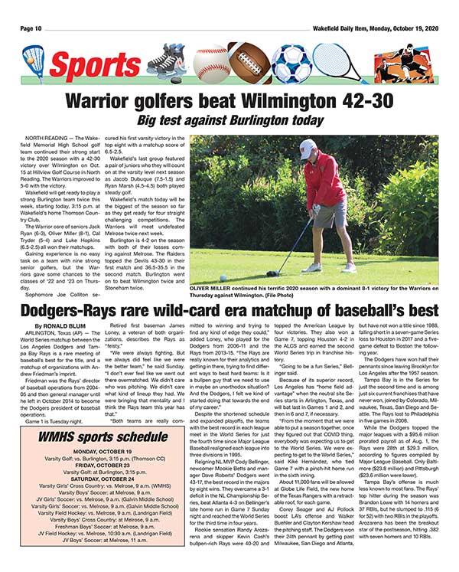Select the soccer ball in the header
[292, 63]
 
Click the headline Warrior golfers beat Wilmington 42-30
[229, 100]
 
